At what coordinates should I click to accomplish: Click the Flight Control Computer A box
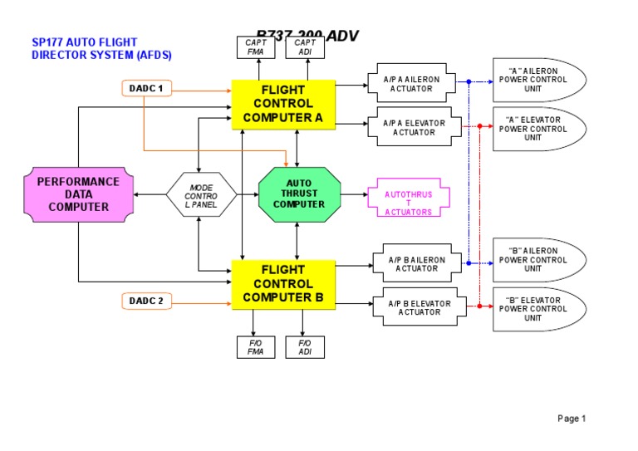[282, 104]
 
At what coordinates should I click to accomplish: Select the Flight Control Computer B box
[282, 283]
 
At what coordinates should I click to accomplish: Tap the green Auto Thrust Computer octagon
[299, 194]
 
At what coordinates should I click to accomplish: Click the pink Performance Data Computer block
[78, 194]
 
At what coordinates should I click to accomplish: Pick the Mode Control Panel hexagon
[201, 194]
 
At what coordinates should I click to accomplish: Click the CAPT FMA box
[255, 47]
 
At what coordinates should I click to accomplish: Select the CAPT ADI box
[305, 47]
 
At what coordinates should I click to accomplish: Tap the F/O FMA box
[255, 347]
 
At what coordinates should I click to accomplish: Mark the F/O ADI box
[305, 347]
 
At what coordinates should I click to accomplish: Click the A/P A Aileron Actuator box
[414, 82]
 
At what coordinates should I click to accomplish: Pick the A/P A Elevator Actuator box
[414, 127]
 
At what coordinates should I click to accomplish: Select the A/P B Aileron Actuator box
[416, 263]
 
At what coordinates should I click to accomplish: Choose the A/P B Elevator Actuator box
[420, 308]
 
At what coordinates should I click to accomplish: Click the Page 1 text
[572, 419]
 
